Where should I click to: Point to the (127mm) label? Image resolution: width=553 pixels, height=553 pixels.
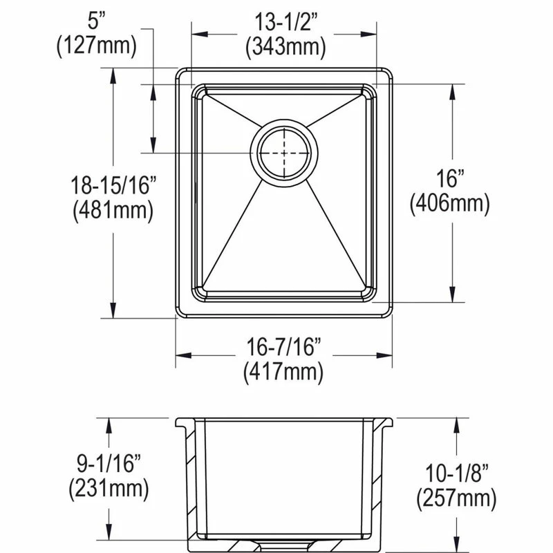pyautogui.click(x=97, y=46)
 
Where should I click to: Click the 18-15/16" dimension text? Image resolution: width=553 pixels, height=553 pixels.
pyautogui.click(x=113, y=185)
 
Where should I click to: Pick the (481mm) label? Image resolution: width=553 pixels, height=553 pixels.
pyautogui.click(x=113, y=211)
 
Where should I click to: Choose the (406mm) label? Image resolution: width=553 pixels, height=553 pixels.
pyautogui.click(x=450, y=203)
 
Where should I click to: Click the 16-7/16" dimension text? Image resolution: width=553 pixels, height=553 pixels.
pyautogui.click(x=284, y=347)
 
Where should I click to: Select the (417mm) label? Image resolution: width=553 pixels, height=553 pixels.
pyautogui.click(x=283, y=372)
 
